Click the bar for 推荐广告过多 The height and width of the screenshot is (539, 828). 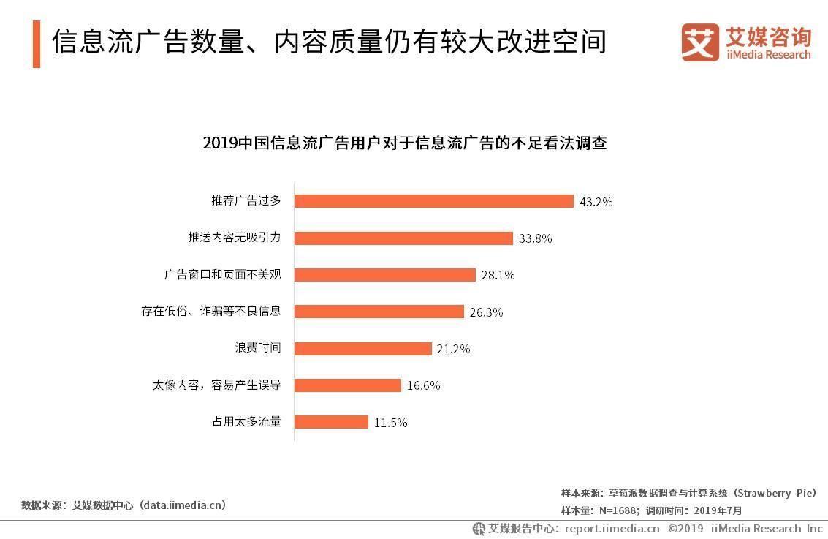tap(433, 201)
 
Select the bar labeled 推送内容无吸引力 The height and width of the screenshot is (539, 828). tap(403, 238)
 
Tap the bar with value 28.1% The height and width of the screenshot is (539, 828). tap(385, 275)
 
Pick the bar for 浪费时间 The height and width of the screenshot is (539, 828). tap(363, 349)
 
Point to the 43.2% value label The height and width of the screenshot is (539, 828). tap(596, 202)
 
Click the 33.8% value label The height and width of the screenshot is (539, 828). tap(535, 238)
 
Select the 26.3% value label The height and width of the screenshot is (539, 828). tap(486, 312)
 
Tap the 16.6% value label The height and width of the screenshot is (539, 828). tap(423, 385)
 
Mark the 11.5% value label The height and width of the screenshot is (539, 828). tap(390, 423)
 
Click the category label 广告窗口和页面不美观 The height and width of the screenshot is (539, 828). tap(223, 275)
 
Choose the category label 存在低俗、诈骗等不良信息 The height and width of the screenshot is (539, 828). tap(210, 312)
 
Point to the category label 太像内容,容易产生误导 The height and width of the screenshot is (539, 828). tap(216, 385)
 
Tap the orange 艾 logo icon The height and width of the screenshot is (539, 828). tap(699, 42)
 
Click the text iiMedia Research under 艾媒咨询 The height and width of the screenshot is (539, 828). tap(768, 55)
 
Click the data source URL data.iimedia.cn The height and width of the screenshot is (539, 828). tap(183, 505)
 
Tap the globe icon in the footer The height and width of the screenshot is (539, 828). tap(479, 528)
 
